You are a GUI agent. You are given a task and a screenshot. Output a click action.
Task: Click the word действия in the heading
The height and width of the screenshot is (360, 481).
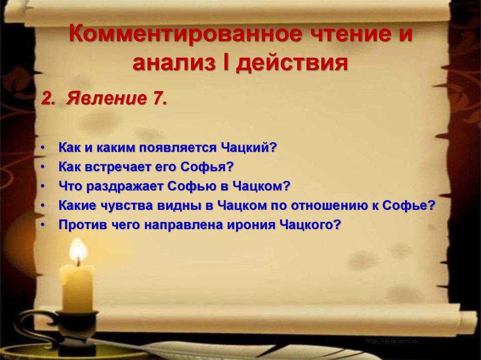point(293,63)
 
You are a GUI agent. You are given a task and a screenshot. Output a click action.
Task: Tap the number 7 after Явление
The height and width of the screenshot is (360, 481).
point(159,99)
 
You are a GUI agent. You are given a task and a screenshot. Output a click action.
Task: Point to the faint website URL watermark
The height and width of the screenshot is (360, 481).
point(392,341)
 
